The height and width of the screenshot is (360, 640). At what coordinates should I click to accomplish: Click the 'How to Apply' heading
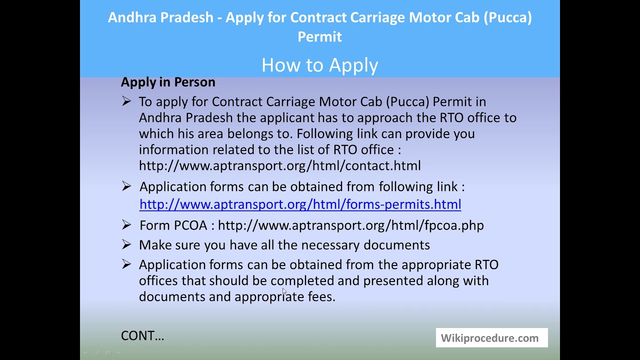pyautogui.click(x=319, y=65)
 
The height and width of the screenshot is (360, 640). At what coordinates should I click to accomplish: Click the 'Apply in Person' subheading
pyautogui.click(x=168, y=82)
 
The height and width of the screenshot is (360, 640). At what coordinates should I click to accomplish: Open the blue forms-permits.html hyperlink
pyautogui.click(x=300, y=204)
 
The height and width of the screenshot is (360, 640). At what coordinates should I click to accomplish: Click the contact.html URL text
pyautogui.click(x=279, y=165)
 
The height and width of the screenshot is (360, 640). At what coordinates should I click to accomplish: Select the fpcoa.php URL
pyautogui.click(x=350, y=225)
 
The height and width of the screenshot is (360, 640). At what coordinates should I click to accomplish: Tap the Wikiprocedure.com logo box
pyautogui.click(x=491, y=338)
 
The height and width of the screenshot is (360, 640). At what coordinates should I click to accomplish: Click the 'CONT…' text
pyautogui.click(x=142, y=335)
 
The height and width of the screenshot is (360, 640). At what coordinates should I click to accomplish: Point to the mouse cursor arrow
pyautogui.click(x=284, y=291)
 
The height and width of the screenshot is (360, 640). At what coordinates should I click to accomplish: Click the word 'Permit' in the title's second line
pyautogui.click(x=319, y=36)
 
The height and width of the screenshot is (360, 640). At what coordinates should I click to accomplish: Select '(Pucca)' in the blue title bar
pyautogui.click(x=507, y=17)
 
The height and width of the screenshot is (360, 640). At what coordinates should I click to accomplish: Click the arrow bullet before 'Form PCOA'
pyautogui.click(x=126, y=225)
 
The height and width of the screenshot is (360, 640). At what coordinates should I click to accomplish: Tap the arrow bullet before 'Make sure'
pyautogui.click(x=126, y=244)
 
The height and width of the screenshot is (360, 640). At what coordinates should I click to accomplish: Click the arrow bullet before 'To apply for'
pyautogui.click(x=126, y=101)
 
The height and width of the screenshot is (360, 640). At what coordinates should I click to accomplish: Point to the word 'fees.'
pyautogui.click(x=321, y=296)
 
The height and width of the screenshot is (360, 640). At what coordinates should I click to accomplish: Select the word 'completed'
pyautogui.click(x=302, y=280)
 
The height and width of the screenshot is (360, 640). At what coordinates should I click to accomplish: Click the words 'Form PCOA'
pyautogui.click(x=173, y=225)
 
